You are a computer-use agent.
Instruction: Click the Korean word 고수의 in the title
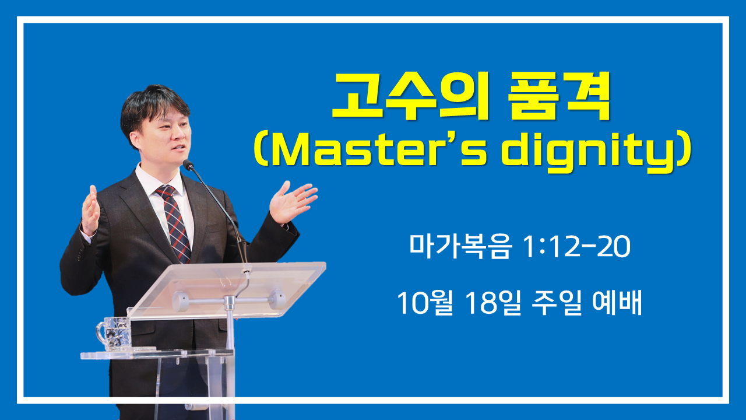point(411,96)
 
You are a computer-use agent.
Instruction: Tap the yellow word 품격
point(559,96)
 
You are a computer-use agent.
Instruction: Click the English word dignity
point(589,153)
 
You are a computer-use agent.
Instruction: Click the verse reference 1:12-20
point(577,247)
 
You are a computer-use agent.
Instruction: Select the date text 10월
point(425,303)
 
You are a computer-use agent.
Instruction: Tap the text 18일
point(494,303)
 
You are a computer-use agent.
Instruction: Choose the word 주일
point(557,303)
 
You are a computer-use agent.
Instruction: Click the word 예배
point(617,303)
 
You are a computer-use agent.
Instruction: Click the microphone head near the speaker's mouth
point(188,165)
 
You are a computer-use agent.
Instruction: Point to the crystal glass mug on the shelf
point(114,334)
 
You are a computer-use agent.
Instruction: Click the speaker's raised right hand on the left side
point(90,211)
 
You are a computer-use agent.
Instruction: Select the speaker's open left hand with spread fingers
point(292,202)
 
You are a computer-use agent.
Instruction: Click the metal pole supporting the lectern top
point(230,333)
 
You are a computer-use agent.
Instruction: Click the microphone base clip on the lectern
point(246,272)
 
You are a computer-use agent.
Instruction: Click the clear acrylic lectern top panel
point(227,289)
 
